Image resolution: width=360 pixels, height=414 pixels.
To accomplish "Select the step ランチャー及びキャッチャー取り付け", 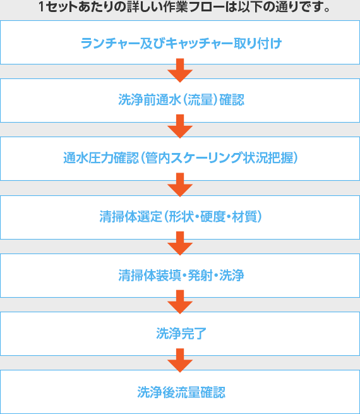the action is pos(181,44).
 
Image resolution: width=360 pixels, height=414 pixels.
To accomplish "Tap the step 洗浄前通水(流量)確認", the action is pos(181,100).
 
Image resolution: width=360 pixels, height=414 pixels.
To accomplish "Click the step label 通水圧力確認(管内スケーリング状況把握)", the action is pos(181,158).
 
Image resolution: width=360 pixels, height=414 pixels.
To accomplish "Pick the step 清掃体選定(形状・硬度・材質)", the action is pos(181,217).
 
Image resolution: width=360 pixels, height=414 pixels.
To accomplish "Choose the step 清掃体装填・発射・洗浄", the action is pos(181,276).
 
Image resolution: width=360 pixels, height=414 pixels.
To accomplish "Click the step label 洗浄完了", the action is pos(181,334).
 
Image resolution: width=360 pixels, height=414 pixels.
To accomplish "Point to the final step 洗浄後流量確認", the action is pos(181,392).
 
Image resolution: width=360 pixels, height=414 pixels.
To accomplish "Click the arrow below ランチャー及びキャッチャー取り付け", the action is pos(180,71).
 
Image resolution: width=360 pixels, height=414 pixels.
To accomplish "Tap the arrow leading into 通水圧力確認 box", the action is pos(180,126).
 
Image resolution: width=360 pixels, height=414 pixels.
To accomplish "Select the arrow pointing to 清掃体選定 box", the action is pos(180,185).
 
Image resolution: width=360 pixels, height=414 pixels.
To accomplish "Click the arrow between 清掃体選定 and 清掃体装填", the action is pos(180,243).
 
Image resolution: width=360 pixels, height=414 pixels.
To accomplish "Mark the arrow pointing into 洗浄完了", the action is pos(180,302).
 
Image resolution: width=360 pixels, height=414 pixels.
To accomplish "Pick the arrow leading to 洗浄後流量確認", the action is pos(180,360).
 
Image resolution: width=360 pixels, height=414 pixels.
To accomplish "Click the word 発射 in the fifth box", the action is pos(200,276).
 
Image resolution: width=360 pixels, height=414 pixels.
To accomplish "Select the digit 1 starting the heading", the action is pos(42,7).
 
